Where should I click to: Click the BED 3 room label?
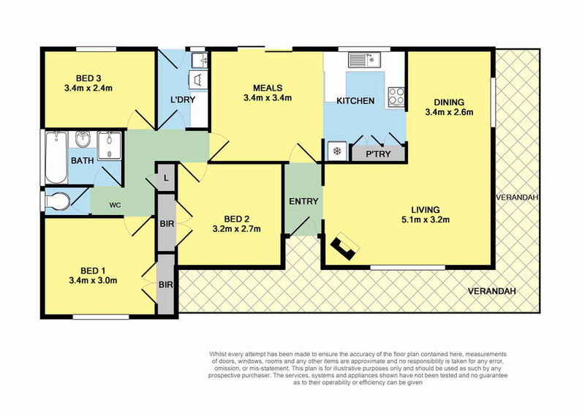tap(88, 78)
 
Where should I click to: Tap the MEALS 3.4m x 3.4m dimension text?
tap(268, 98)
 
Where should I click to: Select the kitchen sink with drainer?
tap(364, 60)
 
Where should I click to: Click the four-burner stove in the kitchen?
tap(396, 96)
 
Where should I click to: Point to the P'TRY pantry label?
tap(378, 154)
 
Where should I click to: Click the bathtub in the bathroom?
tap(56, 157)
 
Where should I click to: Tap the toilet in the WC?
tap(57, 202)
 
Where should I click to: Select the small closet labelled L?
tap(166, 178)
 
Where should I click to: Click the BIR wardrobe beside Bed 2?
tap(167, 223)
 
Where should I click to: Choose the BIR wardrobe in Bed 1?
tap(166, 285)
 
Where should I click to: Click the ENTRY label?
tap(303, 201)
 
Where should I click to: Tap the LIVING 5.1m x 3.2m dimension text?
tap(426, 220)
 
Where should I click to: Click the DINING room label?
tap(449, 102)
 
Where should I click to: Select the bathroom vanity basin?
tap(82, 140)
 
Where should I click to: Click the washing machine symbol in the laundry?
tap(198, 80)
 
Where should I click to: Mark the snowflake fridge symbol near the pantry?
tap(337, 151)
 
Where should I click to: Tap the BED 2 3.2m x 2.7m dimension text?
tap(236, 229)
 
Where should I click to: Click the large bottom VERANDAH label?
tap(491, 291)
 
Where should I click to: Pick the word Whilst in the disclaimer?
tap(217, 354)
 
